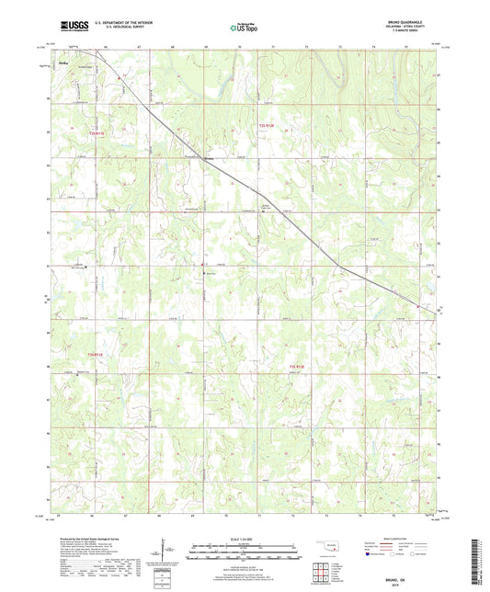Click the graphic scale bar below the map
click(245, 552)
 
